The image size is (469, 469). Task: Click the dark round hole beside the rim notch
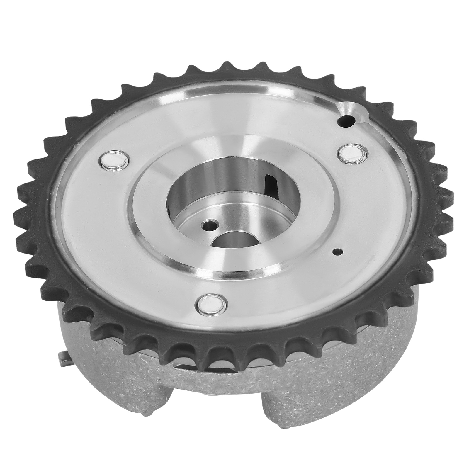pos(346,120)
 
